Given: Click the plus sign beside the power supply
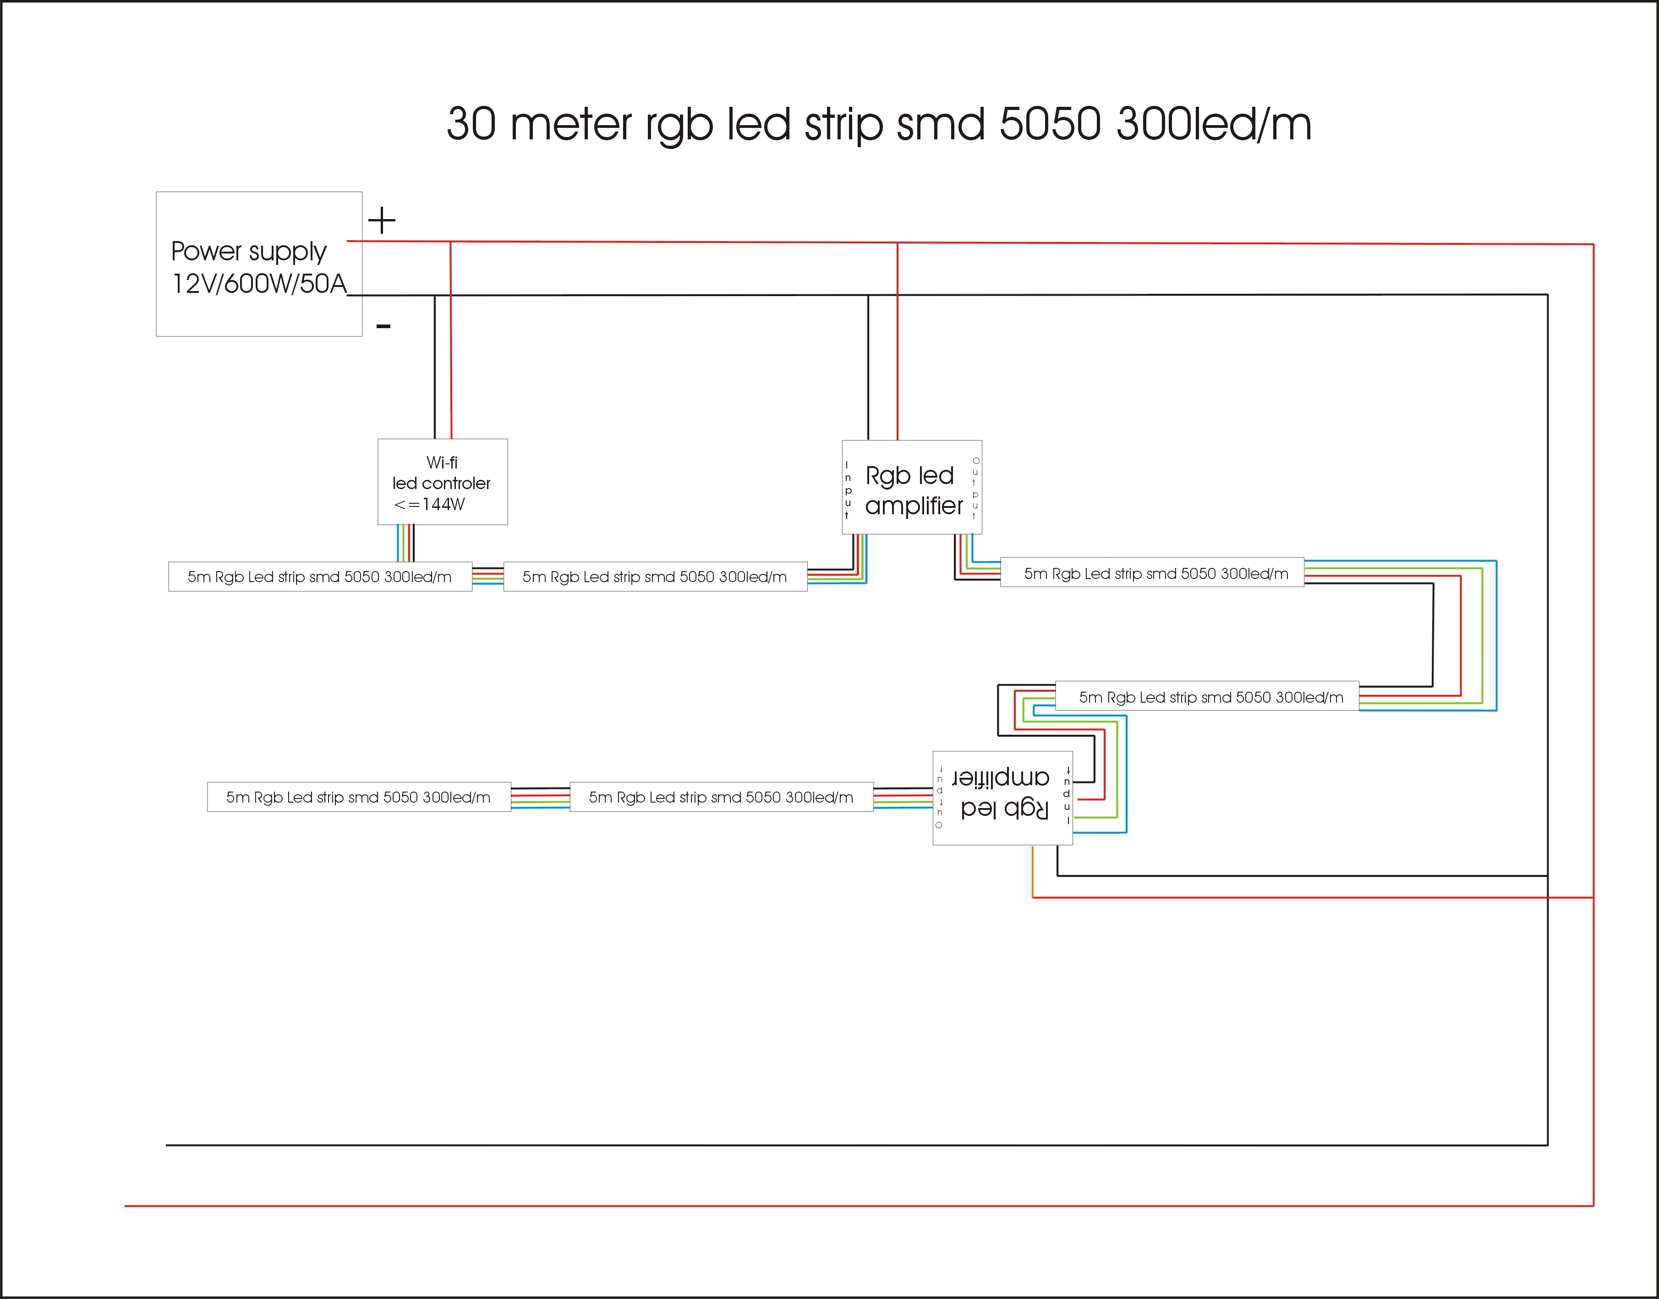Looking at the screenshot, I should pos(382,220).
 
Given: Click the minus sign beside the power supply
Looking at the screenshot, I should pos(383,327).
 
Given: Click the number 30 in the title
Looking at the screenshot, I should pos(471,124).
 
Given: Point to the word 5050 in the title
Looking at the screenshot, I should pos(1049,124).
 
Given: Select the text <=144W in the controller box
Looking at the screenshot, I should pos(430,504).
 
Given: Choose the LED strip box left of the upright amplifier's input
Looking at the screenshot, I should pos(655,577).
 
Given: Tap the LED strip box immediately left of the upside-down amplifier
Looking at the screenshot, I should pos(721,797).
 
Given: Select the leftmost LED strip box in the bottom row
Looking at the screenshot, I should pos(359,797).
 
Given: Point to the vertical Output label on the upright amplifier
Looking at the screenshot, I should pos(975,488).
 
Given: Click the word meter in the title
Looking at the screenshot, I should pos(570,124).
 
